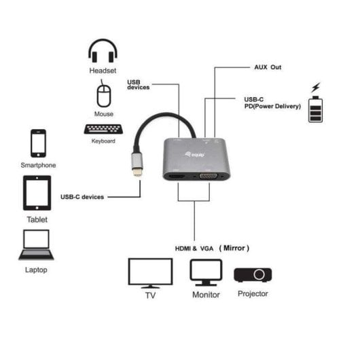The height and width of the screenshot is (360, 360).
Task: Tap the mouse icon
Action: tap(103, 94)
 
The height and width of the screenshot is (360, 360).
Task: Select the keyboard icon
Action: tap(103, 129)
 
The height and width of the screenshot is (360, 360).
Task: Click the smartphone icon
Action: tap(38, 143)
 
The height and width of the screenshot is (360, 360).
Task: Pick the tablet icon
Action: tap(37, 193)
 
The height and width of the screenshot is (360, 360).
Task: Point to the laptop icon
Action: tap(36, 245)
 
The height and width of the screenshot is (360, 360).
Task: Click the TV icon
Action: tap(150, 272)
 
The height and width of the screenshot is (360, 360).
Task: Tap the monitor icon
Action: tap(205, 273)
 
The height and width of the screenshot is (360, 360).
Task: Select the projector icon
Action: tap(253, 274)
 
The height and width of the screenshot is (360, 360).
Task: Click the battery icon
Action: tap(316, 109)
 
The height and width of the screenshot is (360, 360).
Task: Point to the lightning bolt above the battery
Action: tap(314, 88)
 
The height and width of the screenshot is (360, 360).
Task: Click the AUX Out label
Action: tap(267, 67)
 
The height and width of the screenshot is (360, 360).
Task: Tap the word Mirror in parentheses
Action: tap(234, 248)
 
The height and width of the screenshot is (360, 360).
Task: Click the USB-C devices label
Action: tap(82, 197)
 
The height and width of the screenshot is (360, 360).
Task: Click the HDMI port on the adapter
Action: tap(177, 177)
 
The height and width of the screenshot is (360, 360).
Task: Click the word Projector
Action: tap(253, 293)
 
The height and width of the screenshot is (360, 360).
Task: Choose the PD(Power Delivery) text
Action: tap(272, 107)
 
